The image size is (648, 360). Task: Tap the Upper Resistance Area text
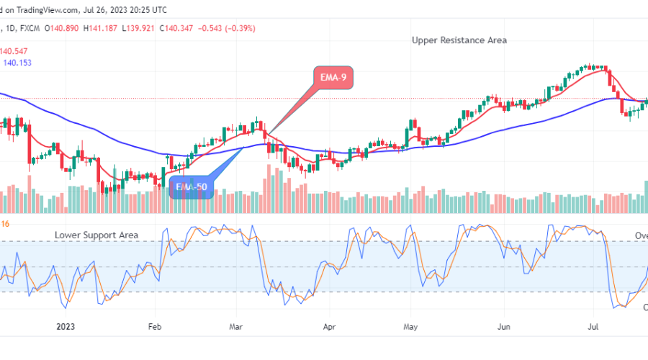(459, 40)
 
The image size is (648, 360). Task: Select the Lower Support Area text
(96, 235)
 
